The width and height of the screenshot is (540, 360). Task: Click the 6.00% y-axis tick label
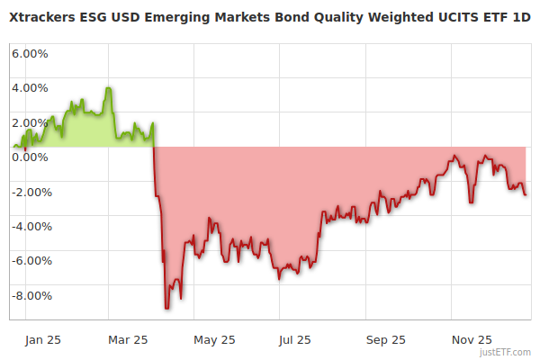tap(30, 53)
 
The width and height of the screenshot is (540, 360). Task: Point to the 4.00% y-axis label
tap(30, 88)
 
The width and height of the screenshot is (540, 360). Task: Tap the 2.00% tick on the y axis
tap(30, 122)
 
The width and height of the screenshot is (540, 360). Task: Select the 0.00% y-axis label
tap(30, 157)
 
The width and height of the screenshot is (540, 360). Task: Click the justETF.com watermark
tap(506, 352)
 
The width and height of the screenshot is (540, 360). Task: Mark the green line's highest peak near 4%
tap(108, 88)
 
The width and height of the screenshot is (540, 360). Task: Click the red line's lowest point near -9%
tap(166, 308)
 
